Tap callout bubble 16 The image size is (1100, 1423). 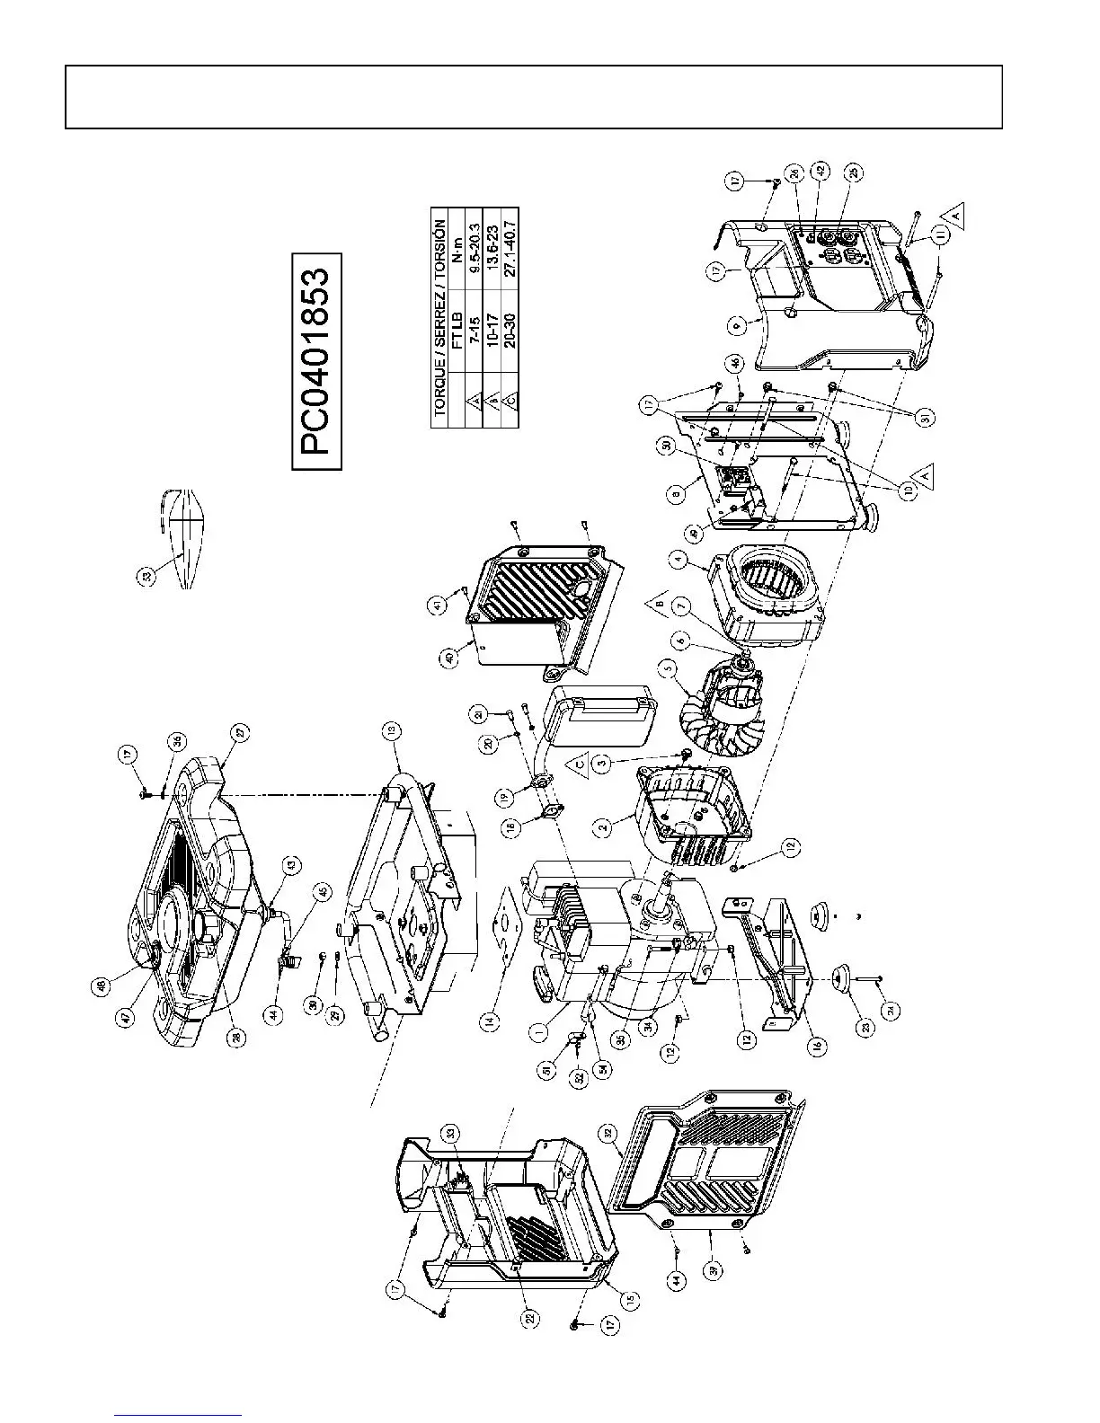818,1046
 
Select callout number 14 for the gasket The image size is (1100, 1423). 489,1020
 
